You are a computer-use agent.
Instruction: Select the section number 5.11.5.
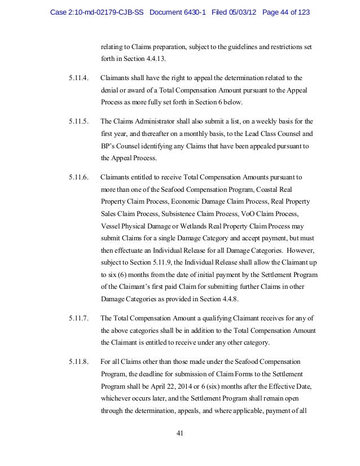coord(78,121)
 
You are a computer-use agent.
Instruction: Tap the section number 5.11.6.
coord(78,177)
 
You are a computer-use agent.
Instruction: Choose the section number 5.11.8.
coord(78,361)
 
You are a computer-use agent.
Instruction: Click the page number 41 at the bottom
coord(180,433)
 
